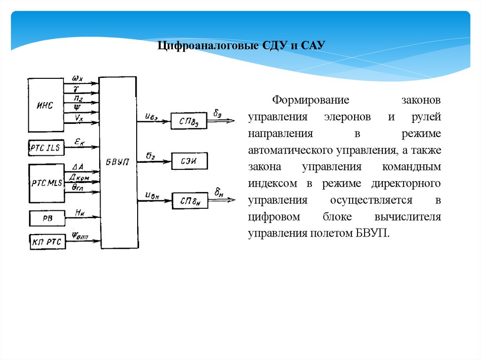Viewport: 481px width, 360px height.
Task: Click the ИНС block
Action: click(46, 105)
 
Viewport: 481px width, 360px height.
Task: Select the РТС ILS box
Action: click(46, 148)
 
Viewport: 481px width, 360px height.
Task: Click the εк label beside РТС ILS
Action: click(79, 141)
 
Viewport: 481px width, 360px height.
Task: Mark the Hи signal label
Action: click(79, 212)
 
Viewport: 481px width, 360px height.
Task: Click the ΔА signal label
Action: click(78, 167)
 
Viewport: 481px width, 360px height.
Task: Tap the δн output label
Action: click(218, 192)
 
